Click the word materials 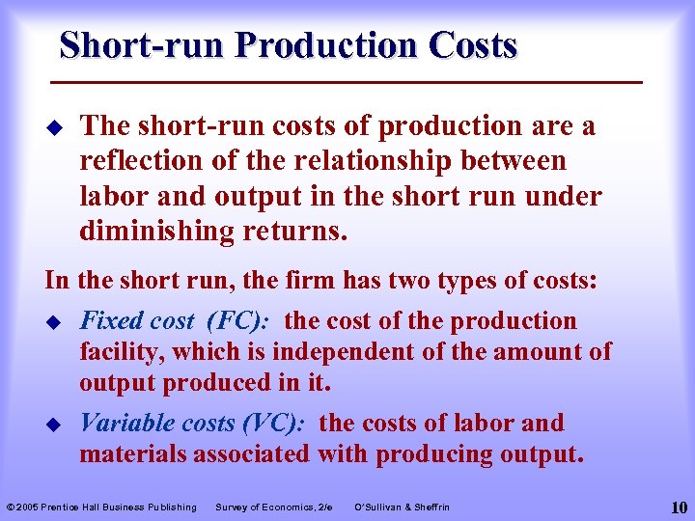point(132,453)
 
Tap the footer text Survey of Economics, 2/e point(274,507)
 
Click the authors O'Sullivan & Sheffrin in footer point(403,507)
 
